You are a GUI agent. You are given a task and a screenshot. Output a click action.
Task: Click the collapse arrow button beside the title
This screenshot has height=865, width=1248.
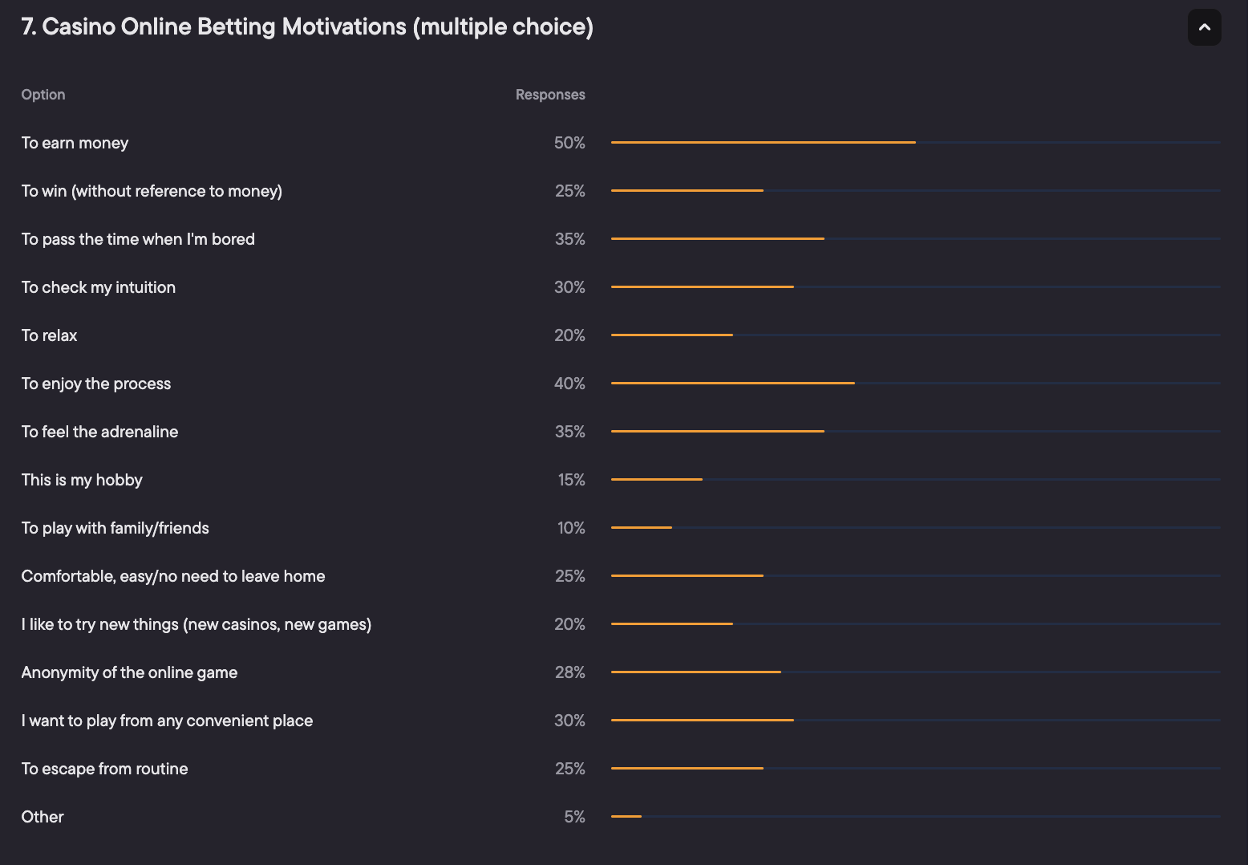point(1204,27)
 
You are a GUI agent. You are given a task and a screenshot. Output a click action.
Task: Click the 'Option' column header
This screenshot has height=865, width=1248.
point(43,95)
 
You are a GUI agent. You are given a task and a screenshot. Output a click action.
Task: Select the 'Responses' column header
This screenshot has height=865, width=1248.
point(550,95)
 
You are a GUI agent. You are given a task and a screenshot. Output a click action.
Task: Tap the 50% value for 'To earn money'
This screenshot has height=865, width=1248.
point(569,143)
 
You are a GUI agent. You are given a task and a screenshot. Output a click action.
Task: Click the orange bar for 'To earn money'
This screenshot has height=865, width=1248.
point(763,143)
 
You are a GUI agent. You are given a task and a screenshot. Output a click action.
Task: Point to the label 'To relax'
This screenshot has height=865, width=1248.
point(49,335)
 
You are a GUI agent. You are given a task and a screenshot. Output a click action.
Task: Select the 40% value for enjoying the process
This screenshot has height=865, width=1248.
point(569,384)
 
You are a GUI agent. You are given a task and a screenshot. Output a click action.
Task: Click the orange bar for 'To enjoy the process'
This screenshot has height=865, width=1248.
point(732,384)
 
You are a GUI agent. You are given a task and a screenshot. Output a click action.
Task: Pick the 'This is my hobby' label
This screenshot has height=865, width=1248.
point(82,480)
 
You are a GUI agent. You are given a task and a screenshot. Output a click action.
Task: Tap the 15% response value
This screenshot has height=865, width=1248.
point(571,480)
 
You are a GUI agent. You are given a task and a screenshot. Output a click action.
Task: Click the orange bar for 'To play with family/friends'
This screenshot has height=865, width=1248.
point(642,528)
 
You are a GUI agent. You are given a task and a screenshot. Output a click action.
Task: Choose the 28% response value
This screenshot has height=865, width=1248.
point(569,672)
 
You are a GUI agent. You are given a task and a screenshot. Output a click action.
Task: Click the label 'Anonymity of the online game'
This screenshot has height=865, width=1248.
point(129,672)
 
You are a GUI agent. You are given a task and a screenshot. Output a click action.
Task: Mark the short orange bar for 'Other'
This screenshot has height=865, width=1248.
point(626,817)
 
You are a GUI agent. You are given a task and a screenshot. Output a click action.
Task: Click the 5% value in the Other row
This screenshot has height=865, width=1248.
point(574,817)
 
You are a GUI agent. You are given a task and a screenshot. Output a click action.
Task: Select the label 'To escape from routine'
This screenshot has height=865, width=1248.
point(104,769)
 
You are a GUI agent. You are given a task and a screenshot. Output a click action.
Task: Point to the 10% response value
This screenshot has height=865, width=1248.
point(571,528)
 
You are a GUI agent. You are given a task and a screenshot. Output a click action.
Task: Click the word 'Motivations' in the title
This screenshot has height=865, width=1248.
point(344,26)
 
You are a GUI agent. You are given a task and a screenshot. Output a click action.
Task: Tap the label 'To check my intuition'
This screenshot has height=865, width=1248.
point(98,287)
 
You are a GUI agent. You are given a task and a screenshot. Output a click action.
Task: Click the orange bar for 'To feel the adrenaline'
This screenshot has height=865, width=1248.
point(717,432)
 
